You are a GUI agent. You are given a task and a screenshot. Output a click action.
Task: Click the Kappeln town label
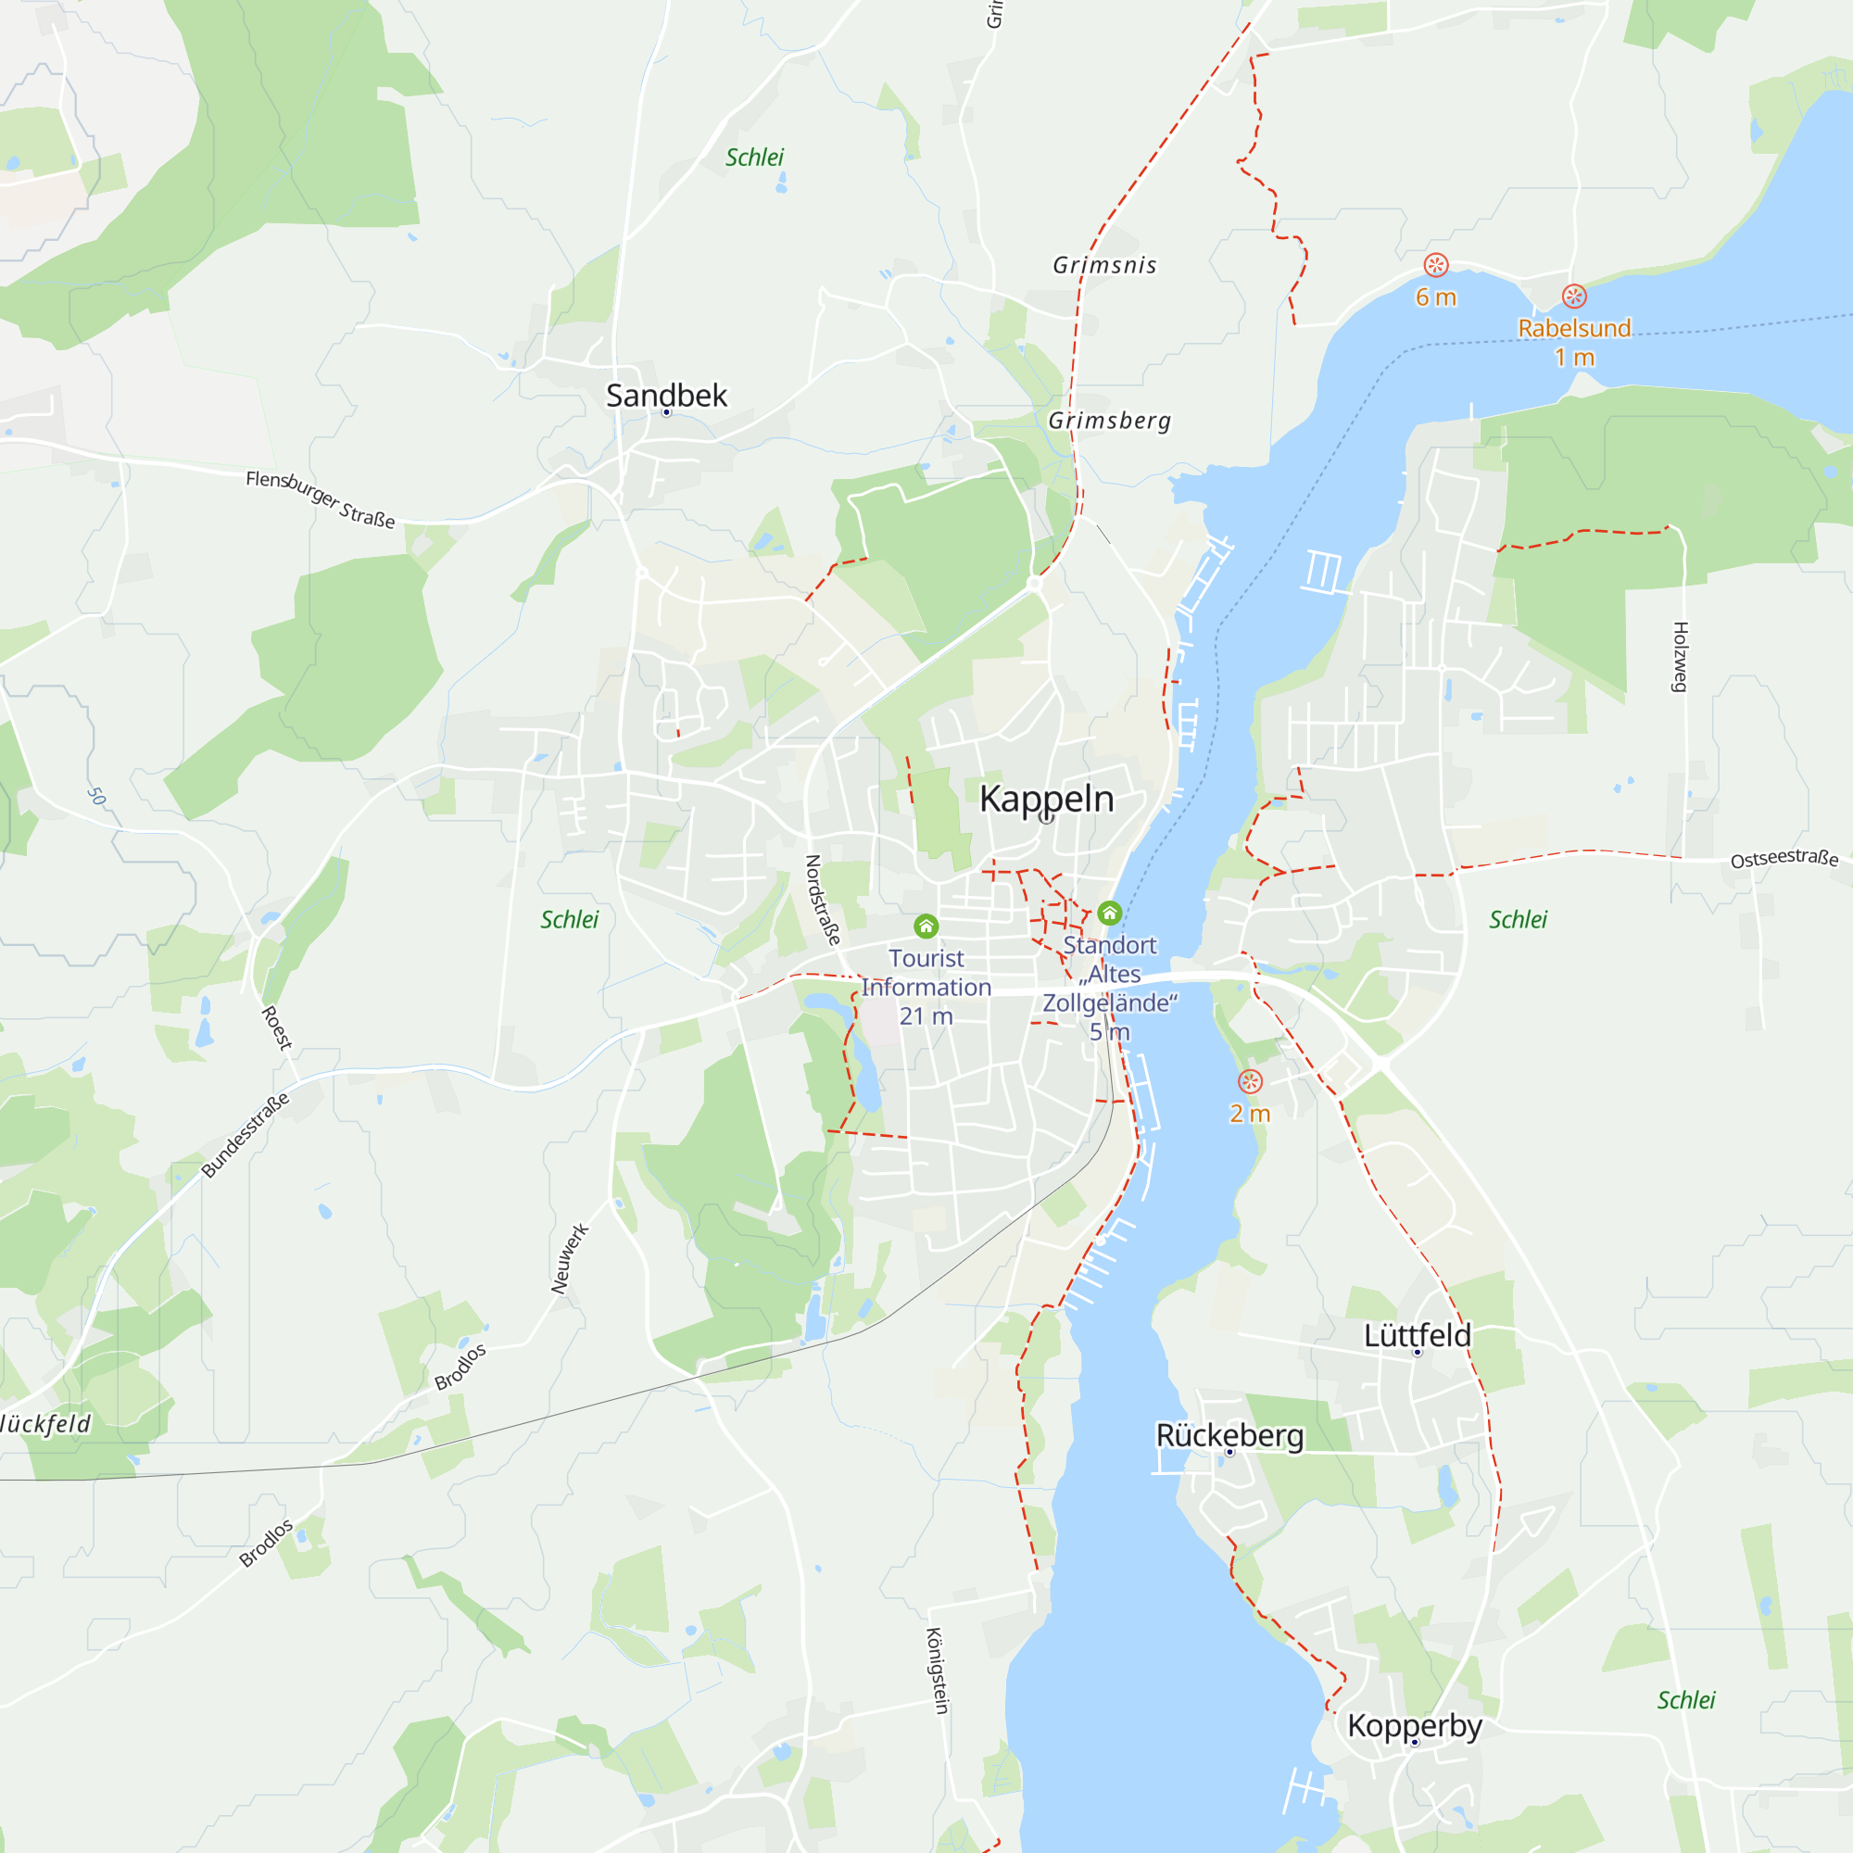[1046, 799]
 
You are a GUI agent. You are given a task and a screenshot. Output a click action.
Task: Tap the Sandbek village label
[666, 396]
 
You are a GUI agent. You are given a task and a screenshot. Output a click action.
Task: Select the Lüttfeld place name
[1417, 1335]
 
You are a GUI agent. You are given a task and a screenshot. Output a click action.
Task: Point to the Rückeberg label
[1229, 1435]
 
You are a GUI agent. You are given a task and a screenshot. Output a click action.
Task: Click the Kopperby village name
[1415, 1725]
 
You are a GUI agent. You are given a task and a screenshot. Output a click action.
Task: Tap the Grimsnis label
[1105, 265]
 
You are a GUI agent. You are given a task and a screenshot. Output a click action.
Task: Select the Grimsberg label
[1110, 420]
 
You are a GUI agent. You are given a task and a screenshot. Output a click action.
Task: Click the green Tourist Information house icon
[926, 926]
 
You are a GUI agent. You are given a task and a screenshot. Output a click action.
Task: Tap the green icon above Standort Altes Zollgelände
[1110, 912]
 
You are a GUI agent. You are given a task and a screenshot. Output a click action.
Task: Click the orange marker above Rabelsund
[1574, 296]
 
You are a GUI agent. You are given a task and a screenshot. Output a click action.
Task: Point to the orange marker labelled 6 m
[1436, 265]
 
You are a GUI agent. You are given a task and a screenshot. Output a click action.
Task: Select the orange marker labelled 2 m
[1250, 1082]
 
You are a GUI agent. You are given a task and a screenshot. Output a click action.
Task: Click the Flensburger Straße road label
[321, 498]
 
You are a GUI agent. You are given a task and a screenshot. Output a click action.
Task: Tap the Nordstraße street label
[822, 900]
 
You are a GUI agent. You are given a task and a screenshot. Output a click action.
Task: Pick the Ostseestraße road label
[1784, 859]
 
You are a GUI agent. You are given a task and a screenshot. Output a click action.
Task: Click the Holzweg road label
[1681, 657]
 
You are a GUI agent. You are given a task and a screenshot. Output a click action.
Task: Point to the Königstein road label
[937, 1670]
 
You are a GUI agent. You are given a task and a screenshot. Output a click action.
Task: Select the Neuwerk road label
[570, 1258]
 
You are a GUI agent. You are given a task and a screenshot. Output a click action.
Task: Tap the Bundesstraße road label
[246, 1135]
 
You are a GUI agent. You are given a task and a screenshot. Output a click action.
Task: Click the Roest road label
[276, 1028]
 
